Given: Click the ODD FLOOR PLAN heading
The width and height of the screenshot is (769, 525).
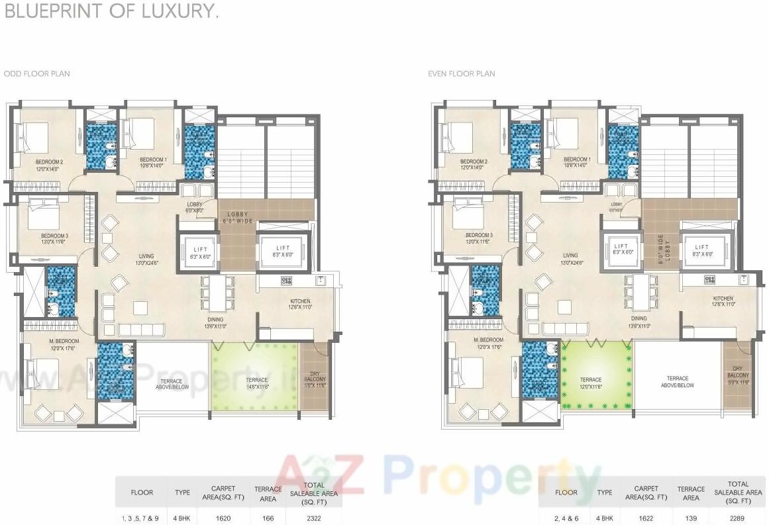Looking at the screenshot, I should pyautogui.click(x=36, y=73).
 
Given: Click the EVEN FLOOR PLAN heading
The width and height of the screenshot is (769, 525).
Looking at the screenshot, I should pyautogui.click(x=462, y=73).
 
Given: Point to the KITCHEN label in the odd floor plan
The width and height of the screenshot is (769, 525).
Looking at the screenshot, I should pyautogui.click(x=299, y=301).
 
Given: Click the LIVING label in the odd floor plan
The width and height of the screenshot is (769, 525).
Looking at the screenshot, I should pyautogui.click(x=146, y=256).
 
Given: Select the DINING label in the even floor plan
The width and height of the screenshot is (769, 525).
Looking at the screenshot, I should pyautogui.click(x=639, y=318).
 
